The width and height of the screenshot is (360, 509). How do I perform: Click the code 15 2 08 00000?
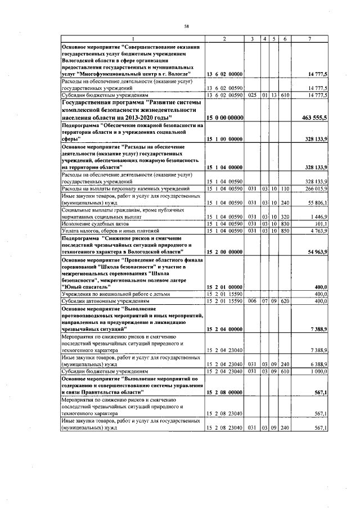[x=224, y=392]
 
